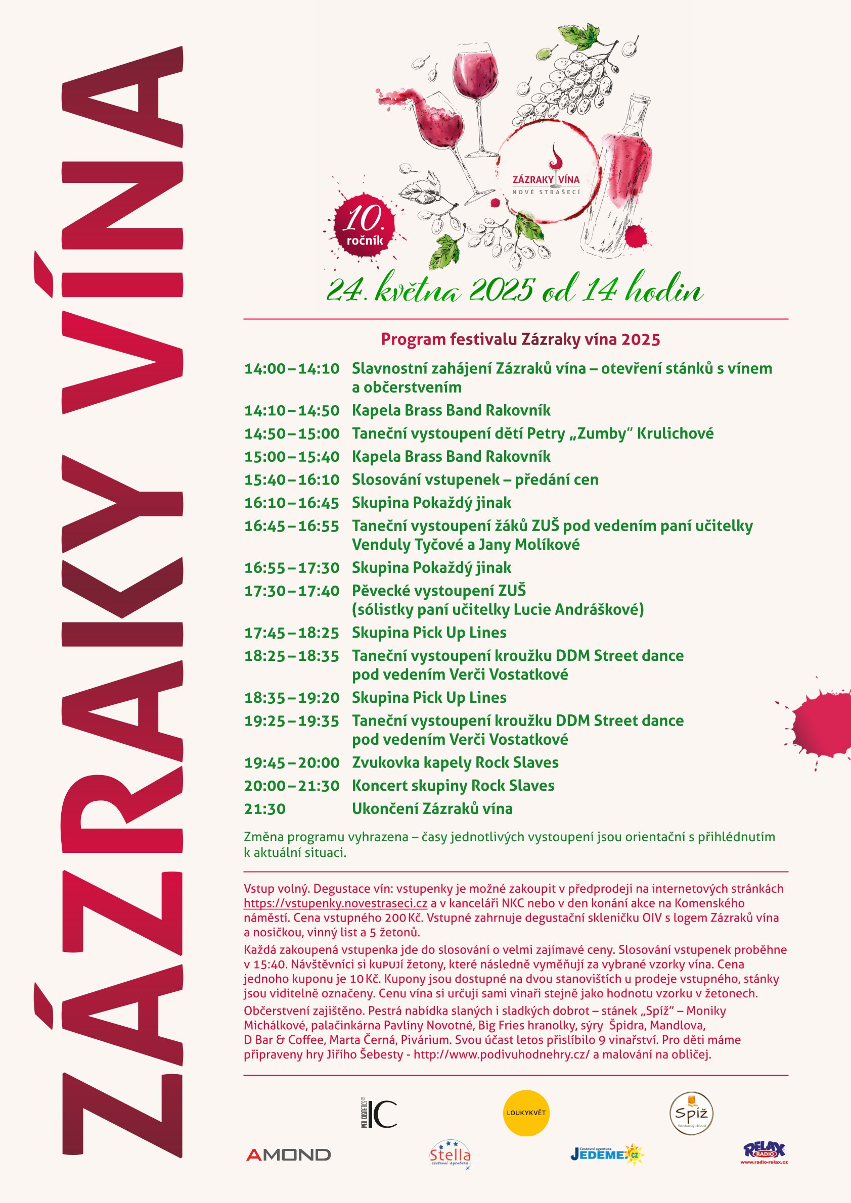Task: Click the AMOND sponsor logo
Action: tap(288, 1155)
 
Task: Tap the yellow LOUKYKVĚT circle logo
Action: tap(526, 1113)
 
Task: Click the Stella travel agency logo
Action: tap(450, 1155)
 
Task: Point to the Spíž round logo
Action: tap(692, 1114)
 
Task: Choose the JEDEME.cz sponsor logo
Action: tap(607, 1154)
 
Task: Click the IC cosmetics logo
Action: tap(379, 1114)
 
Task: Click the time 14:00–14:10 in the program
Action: tap(292, 369)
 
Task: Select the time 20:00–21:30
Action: tap(292, 786)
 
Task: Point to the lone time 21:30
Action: tap(265, 809)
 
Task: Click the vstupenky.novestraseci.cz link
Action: tap(336, 903)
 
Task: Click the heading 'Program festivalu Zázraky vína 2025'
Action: tap(520, 340)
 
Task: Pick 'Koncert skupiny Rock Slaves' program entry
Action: tap(453, 786)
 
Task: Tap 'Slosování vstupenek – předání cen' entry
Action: tap(475, 480)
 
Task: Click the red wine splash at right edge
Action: tap(821, 723)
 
